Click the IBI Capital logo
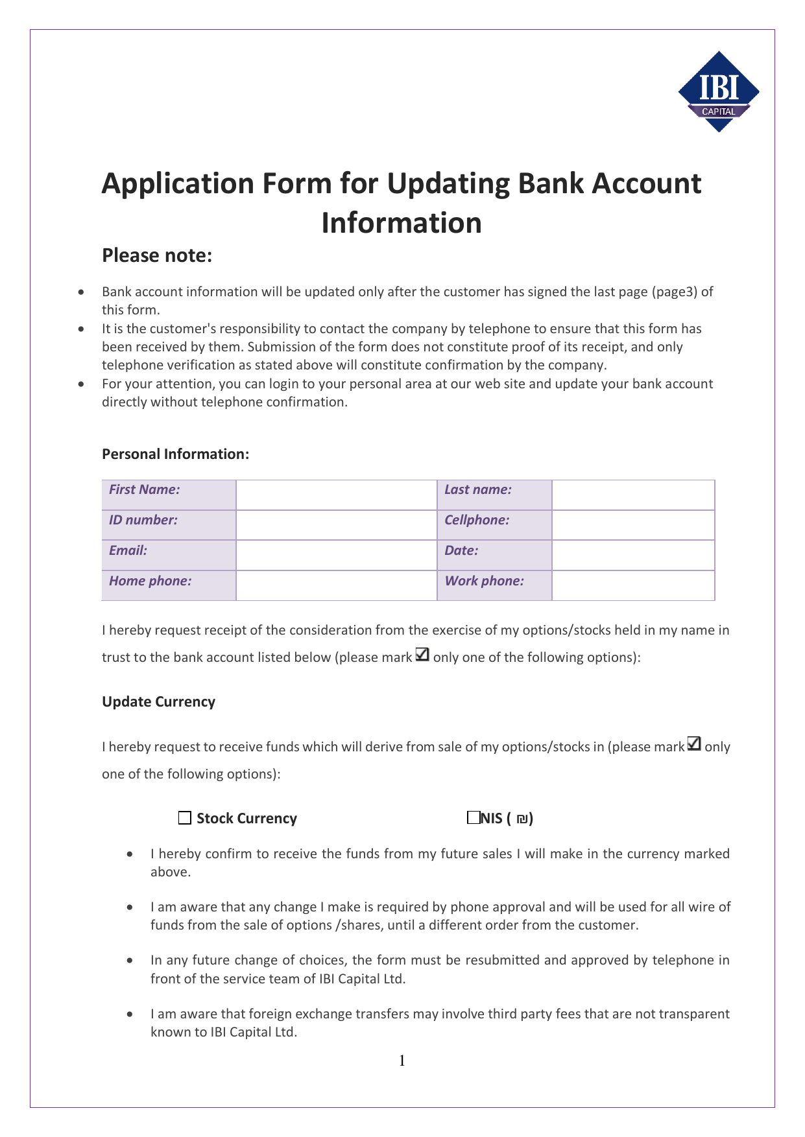pyautogui.click(x=718, y=91)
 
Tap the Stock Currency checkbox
pyautogui.click(x=185, y=818)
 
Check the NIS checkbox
pyautogui.click(x=473, y=817)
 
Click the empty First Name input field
pyautogui.click(x=336, y=495)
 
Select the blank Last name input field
pyautogui.click(x=632, y=495)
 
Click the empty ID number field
pyautogui.click(x=336, y=525)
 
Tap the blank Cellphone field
pyautogui.click(x=632, y=525)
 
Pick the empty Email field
pyautogui.click(x=336, y=556)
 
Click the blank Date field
pyautogui.click(x=632, y=556)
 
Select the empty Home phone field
pyautogui.click(x=336, y=585)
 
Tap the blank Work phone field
pyautogui.click(x=632, y=585)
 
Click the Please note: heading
pyautogui.click(x=157, y=255)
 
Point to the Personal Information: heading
pyautogui.click(x=175, y=454)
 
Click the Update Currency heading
pyautogui.click(x=158, y=702)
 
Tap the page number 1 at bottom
pyautogui.click(x=402, y=1061)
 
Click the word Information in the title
pyautogui.click(x=402, y=222)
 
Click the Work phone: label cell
pyautogui.click(x=494, y=585)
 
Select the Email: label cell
pyautogui.click(x=169, y=556)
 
